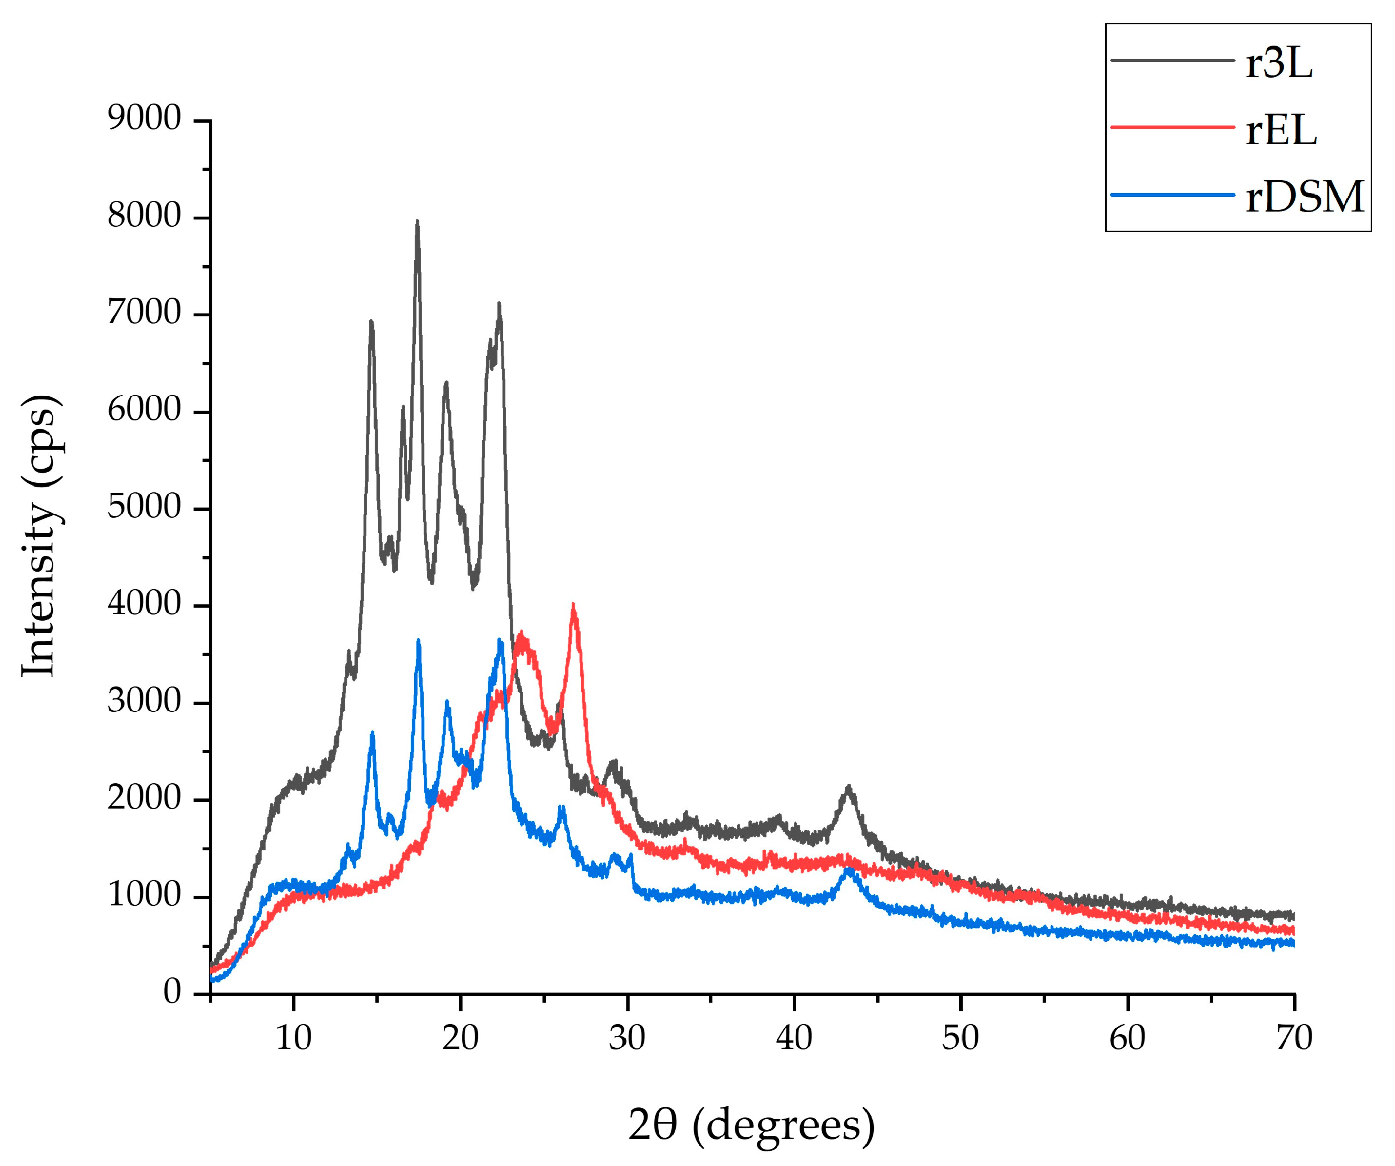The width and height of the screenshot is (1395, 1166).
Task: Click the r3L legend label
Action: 1278,65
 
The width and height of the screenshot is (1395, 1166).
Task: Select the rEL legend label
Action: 1281,131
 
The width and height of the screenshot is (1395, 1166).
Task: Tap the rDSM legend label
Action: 1304,198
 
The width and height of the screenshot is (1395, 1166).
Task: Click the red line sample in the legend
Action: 1172,127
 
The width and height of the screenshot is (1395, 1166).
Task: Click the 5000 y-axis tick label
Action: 144,508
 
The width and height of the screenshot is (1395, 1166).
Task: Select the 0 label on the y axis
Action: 172,993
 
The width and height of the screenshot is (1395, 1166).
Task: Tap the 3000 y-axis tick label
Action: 144,702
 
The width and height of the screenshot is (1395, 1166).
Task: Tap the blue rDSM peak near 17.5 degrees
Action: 418,641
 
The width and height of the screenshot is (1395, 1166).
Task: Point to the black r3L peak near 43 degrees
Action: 848,787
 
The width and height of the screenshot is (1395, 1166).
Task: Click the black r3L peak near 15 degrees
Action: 371,322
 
